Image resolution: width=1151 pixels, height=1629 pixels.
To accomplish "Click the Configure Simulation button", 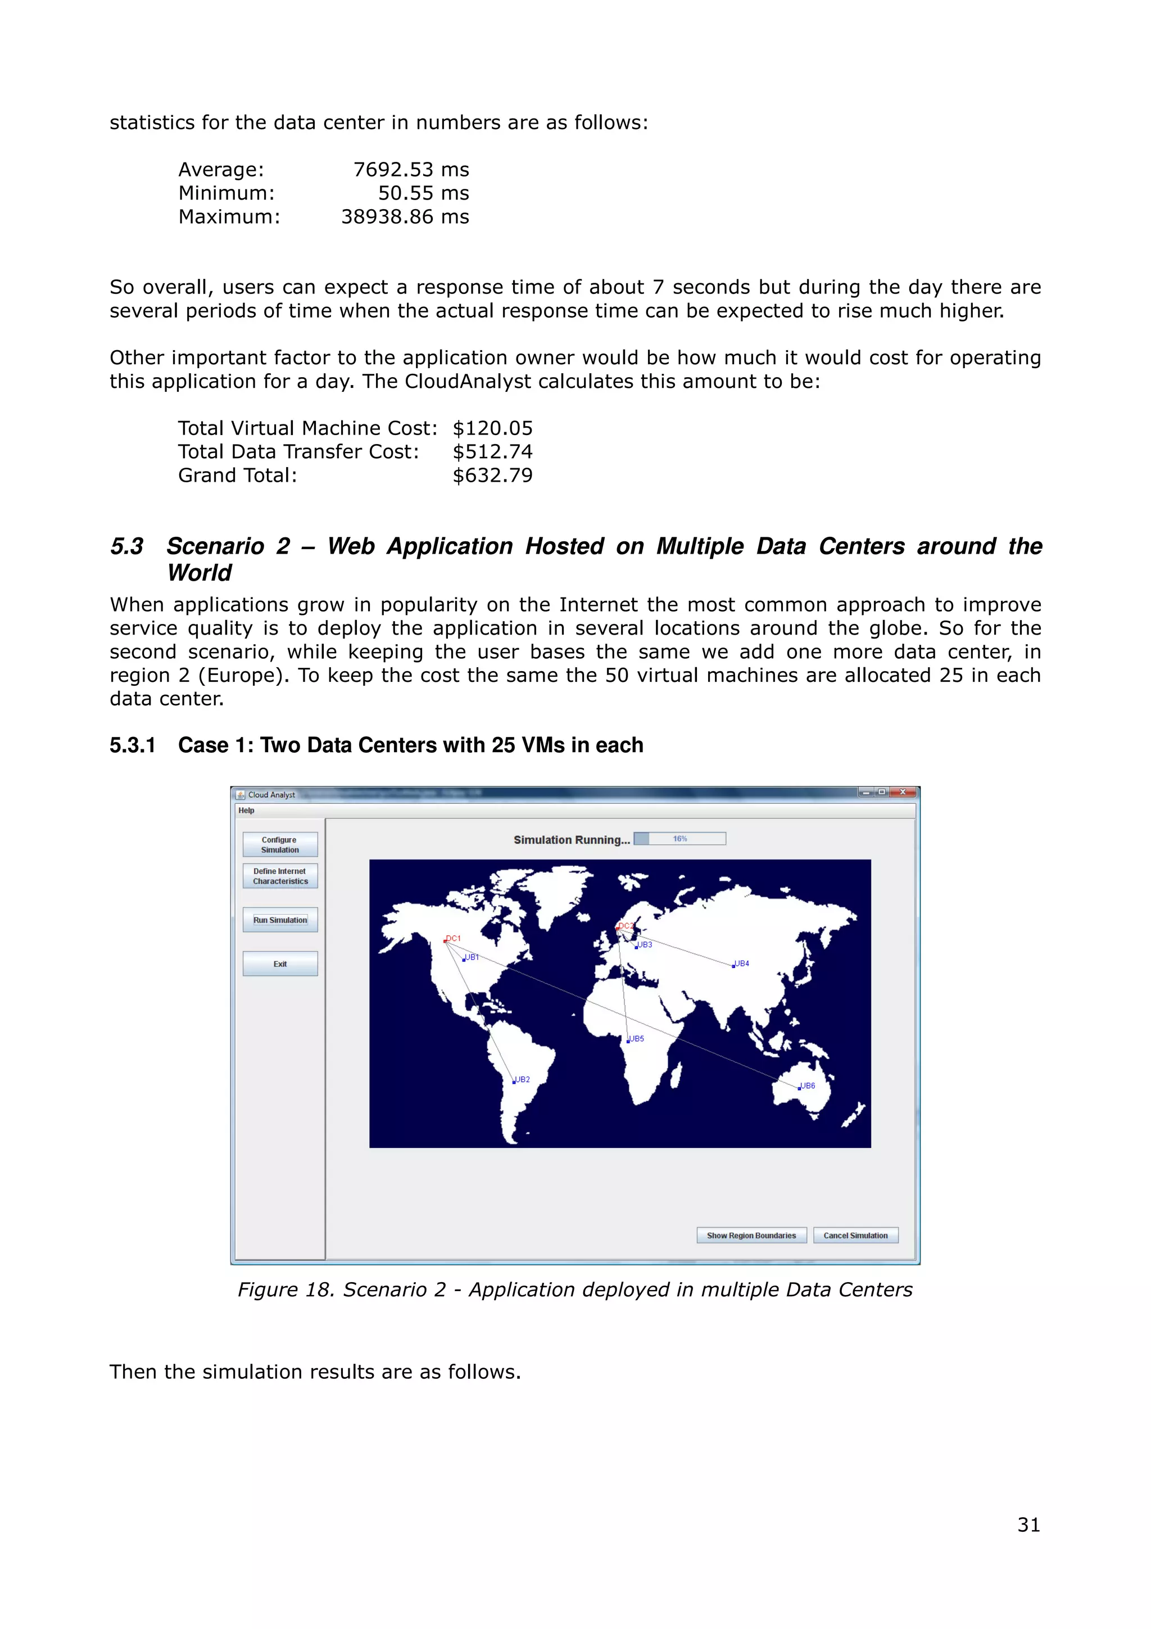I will (280, 844).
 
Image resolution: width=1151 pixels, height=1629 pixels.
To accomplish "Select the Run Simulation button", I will (280, 920).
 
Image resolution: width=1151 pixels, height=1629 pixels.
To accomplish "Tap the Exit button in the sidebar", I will (280, 963).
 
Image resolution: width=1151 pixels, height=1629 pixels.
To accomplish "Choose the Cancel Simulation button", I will (855, 1235).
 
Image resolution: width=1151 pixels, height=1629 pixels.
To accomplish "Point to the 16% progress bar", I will (679, 839).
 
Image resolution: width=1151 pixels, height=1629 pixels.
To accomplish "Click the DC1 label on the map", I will (453, 938).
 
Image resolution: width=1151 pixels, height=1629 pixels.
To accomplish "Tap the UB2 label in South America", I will (523, 1079).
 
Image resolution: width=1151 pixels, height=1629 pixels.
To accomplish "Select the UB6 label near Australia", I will (808, 1085).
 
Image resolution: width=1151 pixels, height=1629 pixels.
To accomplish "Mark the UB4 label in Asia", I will (742, 963).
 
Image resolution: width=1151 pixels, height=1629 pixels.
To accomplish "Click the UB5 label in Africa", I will (636, 1039).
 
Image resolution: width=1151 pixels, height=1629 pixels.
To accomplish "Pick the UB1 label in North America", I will (472, 957).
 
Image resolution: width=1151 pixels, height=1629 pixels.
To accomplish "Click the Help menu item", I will (246, 810).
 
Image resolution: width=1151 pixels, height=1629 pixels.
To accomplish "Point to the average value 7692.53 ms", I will (411, 170).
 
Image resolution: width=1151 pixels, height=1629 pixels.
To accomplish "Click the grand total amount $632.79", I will (492, 476).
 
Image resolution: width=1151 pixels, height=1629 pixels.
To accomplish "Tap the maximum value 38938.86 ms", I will (405, 216).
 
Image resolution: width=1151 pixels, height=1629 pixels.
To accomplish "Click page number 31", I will (1028, 1524).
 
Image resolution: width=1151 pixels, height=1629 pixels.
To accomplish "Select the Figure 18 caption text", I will (574, 1289).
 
